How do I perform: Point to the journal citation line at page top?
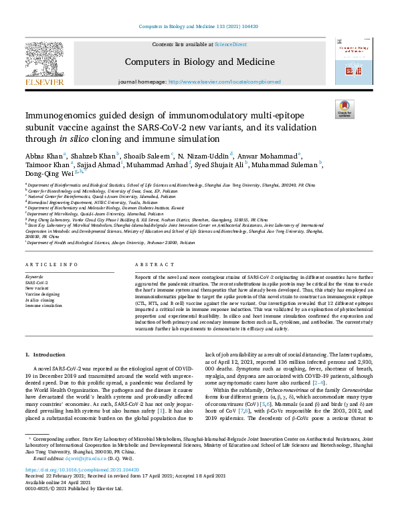199,27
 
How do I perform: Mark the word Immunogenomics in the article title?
66,116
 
